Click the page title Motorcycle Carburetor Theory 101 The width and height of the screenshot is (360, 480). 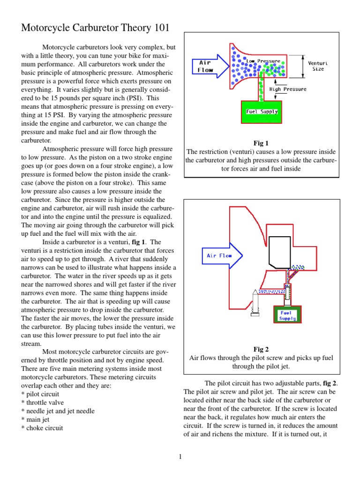pyautogui.click(x=93, y=28)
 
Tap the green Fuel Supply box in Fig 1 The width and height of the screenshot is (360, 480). pyautogui.click(x=262, y=112)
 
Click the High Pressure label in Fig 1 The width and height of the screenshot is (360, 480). pyautogui.click(x=288, y=89)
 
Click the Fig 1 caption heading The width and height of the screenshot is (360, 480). pyautogui.click(x=261, y=143)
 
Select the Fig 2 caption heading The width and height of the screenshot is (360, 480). pyautogui.click(x=261, y=349)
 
